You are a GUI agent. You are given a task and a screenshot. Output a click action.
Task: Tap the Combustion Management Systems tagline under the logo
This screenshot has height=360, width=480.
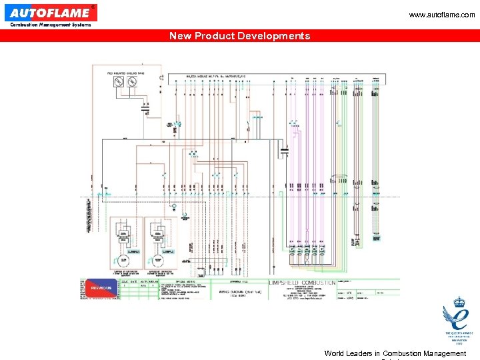point(50,25)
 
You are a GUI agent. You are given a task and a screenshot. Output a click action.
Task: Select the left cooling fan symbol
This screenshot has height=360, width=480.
point(119,82)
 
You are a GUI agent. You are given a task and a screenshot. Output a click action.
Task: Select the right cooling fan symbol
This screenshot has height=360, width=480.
point(132,82)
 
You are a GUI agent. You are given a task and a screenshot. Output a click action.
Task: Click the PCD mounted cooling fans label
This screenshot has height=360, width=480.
point(125,72)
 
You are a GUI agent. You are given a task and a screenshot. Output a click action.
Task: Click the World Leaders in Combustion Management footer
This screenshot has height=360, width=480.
point(395,353)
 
